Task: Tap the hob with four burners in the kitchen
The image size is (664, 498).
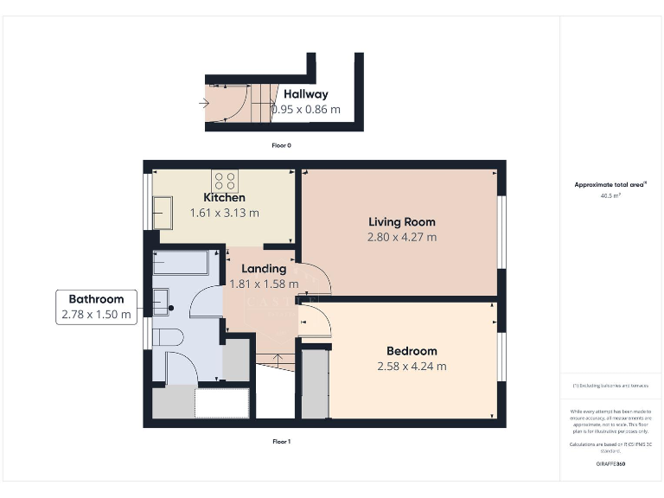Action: [225, 182]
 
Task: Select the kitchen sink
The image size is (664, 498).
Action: [162, 207]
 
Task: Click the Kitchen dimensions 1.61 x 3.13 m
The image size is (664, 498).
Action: [225, 213]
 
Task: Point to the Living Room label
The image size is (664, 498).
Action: [402, 222]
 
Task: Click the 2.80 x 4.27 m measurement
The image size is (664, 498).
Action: [402, 237]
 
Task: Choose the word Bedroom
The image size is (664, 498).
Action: [412, 351]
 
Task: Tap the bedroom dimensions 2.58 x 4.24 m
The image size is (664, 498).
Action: [412, 367]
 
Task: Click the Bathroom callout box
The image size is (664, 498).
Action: [97, 307]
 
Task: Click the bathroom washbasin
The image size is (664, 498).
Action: [163, 301]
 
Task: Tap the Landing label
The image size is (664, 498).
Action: [264, 269]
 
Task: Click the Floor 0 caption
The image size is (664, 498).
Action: [281, 145]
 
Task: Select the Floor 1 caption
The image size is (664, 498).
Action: [281, 441]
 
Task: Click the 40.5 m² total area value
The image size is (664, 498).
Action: [610, 195]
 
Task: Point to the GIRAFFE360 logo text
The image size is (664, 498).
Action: [610, 464]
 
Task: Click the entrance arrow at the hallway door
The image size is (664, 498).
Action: [204, 103]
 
